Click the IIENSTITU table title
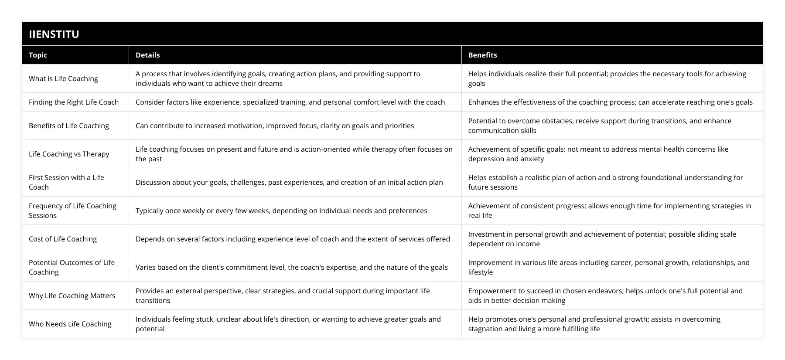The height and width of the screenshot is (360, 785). pyautogui.click(x=54, y=34)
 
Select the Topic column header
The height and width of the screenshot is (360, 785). pyautogui.click(x=38, y=55)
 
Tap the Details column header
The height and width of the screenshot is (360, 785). pyautogui.click(x=147, y=55)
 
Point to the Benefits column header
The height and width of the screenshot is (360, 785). pyautogui.click(x=482, y=55)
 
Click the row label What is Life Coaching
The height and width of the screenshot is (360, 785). pyautogui.click(x=63, y=78)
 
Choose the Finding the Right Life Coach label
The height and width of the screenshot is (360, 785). pyautogui.click(x=74, y=102)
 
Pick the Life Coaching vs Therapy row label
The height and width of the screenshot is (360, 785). pyautogui.click(x=69, y=154)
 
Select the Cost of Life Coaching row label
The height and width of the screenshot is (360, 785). pyautogui.click(x=63, y=239)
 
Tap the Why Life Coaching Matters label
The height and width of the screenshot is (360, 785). pyautogui.click(x=72, y=295)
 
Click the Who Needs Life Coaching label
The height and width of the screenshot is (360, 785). pyautogui.click(x=70, y=324)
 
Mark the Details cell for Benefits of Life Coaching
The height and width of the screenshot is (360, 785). pyautogui.click(x=275, y=126)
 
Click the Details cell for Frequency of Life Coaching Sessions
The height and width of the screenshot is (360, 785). pyautogui.click(x=281, y=211)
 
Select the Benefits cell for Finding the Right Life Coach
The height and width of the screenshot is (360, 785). pyautogui.click(x=610, y=102)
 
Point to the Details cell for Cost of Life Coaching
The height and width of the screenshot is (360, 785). pyautogui.click(x=293, y=239)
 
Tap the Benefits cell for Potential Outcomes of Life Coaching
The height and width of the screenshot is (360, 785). pyautogui.click(x=609, y=267)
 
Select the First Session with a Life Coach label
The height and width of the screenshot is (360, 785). pyautogui.click(x=66, y=182)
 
